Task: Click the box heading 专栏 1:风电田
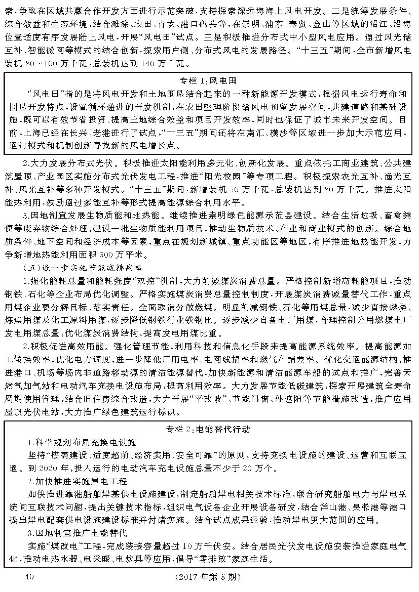pos(208,81)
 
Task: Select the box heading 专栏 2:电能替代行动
pos(208,430)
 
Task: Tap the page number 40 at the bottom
pos(28,576)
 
